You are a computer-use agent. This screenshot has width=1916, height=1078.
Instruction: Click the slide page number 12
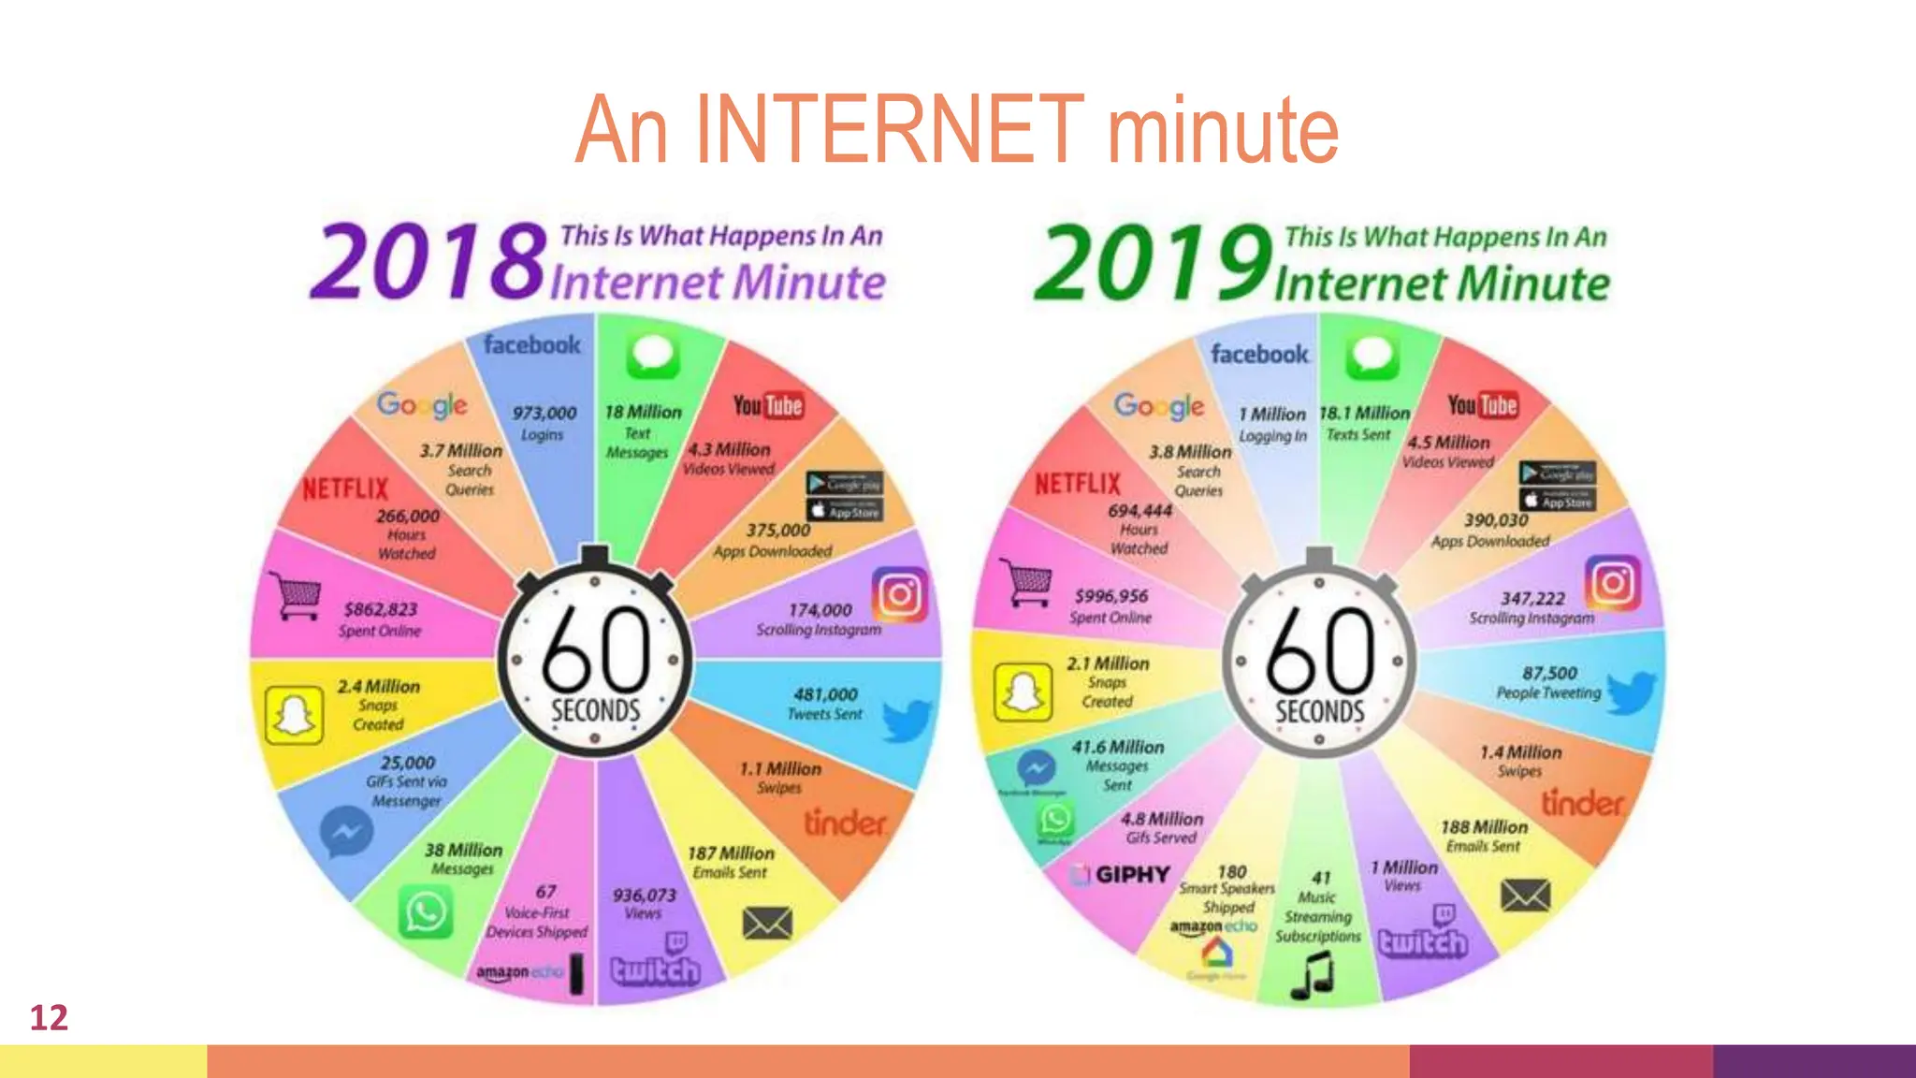point(49,1017)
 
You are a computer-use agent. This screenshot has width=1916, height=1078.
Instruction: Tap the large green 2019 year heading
point(1154,262)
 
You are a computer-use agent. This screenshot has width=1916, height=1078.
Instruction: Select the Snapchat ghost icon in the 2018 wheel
point(294,716)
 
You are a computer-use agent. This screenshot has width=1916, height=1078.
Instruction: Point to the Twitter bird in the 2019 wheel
point(1632,693)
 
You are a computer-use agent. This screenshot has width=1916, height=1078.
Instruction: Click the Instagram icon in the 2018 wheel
point(899,594)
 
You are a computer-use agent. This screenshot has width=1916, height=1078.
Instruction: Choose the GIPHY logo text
point(1132,875)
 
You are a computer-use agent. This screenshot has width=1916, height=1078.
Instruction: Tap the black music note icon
point(1312,975)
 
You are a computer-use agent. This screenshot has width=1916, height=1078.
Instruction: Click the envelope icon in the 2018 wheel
point(767,924)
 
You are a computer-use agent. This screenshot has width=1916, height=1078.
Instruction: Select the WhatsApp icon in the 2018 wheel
point(426,911)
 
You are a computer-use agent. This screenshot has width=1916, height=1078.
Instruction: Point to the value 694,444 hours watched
point(1139,511)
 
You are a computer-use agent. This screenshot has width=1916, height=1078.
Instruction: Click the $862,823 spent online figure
point(381,609)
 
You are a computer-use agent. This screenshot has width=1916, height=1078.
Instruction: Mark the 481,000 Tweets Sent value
point(825,694)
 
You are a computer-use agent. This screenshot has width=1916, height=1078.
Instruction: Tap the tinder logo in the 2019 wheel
point(1583,803)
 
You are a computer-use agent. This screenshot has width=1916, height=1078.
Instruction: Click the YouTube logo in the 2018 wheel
point(767,405)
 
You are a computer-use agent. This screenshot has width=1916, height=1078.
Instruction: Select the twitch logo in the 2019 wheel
point(1423,942)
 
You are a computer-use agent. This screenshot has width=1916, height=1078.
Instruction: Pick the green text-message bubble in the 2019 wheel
point(1372,357)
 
